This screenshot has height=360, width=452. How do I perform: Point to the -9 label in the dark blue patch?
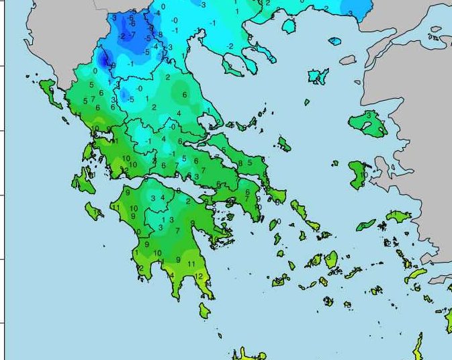tap(113, 65)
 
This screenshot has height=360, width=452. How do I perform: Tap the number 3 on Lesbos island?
tap(368, 116)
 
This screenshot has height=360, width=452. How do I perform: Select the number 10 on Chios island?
tap(363, 175)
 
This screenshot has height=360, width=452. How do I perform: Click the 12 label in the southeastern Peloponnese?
tap(199, 277)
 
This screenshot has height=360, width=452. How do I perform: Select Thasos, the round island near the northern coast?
tap(289, 26)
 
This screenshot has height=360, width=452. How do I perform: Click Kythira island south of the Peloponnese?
tap(204, 311)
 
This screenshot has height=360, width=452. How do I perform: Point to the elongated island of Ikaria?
tap(366, 225)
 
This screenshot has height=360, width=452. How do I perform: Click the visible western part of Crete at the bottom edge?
tap(248, 354)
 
